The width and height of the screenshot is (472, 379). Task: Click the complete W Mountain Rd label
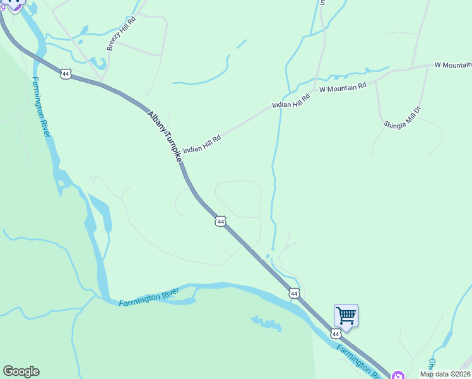pos(343,88)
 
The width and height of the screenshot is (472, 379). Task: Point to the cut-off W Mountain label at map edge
pos(454,65)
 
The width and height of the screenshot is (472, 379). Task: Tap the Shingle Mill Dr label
pos(406,117)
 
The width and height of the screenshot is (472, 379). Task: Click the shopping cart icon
pos(346,315)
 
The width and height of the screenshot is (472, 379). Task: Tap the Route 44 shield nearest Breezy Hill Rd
pos(66,74)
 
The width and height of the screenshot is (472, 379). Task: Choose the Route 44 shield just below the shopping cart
pos(336,333)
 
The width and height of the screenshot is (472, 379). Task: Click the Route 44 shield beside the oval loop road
pos(220,221)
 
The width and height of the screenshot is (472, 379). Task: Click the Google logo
pos(21,371)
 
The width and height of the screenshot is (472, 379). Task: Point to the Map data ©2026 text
pos(445,374)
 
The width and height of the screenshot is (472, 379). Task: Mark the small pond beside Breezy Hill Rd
pos(98,63)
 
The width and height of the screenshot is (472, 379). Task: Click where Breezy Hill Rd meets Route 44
pos(101,82)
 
